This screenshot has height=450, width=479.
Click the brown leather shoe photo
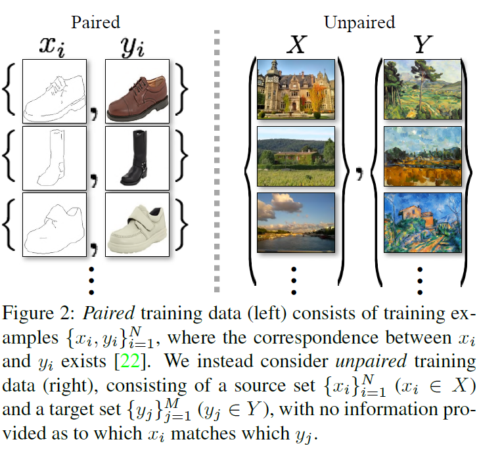[x=137, y=91]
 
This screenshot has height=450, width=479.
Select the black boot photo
[x=137, y=158]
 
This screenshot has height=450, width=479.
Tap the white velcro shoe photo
[x=137, y=225]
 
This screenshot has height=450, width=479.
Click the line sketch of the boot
[x=55, y=158]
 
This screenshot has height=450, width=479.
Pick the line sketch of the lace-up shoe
[x=55, y=91]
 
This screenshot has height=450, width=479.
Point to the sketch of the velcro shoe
[x=55, y=225]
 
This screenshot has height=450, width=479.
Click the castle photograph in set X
[x=296, y=89]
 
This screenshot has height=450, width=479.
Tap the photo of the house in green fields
[x=296, y=158]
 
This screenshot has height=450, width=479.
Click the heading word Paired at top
[x=96, y=22]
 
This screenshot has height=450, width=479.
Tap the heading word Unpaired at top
[x=359, y=23]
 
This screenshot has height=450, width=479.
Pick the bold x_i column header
[x=55, y=46]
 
